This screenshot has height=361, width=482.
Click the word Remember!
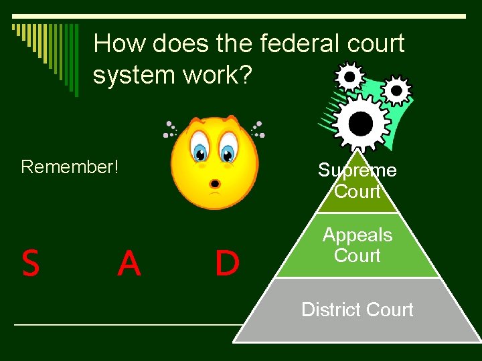tap(70, 166)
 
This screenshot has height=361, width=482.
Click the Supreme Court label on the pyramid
tap(357, 180)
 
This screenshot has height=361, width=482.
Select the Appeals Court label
tap(357, 245)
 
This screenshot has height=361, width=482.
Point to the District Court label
tap(357, 310)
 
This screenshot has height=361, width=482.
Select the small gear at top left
tap(349, 78)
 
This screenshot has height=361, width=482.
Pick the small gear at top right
tap(397, 89)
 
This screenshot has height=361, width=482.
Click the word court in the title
tap(376, 44)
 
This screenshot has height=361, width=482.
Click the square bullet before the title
tap(15, 29)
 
